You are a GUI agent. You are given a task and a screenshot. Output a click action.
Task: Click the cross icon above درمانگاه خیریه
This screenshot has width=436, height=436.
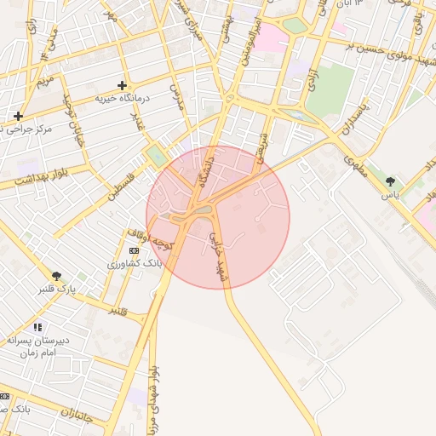click(123, 85)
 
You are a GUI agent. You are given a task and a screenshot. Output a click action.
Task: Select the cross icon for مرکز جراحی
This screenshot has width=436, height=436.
click(18, 115)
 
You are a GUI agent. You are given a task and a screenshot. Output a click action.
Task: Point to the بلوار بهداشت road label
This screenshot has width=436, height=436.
click(40, 176)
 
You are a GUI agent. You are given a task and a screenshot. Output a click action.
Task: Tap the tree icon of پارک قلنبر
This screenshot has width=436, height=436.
click(56, 276)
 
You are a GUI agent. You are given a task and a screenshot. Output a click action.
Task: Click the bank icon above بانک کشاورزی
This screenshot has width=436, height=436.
click(134, 250)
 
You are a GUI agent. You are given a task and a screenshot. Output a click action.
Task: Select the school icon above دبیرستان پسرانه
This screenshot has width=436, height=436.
click(37, 326)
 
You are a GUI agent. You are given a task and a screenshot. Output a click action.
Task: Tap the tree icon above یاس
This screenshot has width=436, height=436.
click(390, 181)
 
